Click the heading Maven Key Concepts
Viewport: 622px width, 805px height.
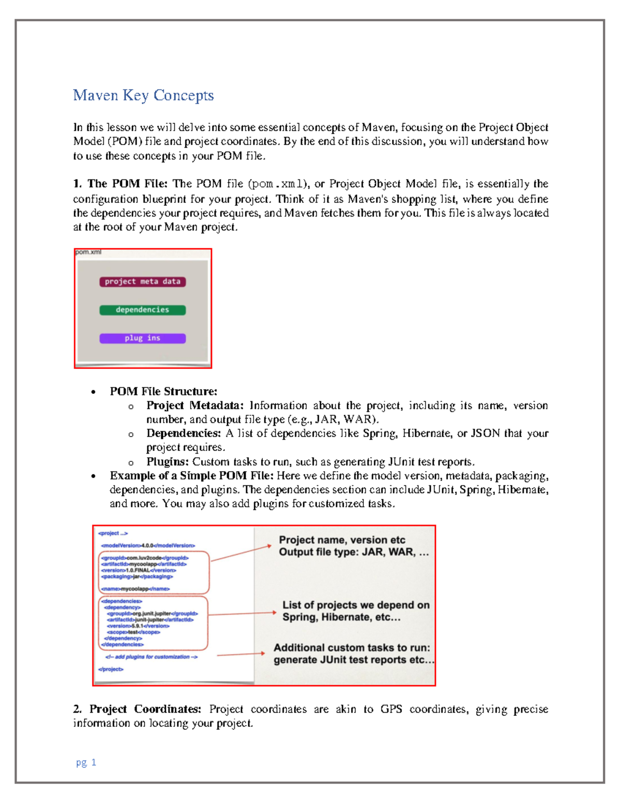(x=143, y=95)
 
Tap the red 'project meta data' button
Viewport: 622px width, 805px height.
(x=143, y=281)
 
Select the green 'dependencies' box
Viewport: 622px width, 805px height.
(x=143, y=310)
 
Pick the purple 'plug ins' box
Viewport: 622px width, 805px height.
(x=143, y=338)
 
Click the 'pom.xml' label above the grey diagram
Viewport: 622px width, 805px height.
(x=88, y=252)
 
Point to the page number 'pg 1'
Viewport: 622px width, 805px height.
(x=86, y=762)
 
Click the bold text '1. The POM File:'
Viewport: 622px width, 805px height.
(x=120, y=184)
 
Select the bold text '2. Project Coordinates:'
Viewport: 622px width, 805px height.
(x=137, y=709)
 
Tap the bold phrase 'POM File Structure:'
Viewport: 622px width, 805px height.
(x=163, y=391)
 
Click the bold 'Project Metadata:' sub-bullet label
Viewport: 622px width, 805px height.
(x=195, y=405)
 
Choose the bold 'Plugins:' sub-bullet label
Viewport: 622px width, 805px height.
(x=167, y=462)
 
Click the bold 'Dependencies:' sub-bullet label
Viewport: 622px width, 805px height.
(x=183, y=433)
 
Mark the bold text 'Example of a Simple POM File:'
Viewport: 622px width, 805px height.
(x=191, y=476)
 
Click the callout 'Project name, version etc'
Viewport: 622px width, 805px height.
(x=342, y=540)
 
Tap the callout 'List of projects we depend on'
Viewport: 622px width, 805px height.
(x=356, y=605)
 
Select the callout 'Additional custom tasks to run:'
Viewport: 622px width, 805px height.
(x=352, y=648)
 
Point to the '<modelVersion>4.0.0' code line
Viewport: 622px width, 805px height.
(x=148, y=545)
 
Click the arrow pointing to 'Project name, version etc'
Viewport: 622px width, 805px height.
(x=241, y=553)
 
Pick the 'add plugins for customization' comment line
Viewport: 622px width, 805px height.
(x=151, y=657)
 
